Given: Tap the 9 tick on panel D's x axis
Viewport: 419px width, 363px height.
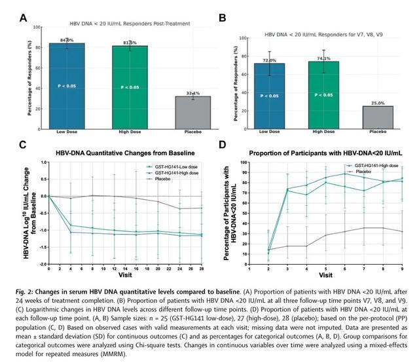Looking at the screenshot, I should click(402, 269).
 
